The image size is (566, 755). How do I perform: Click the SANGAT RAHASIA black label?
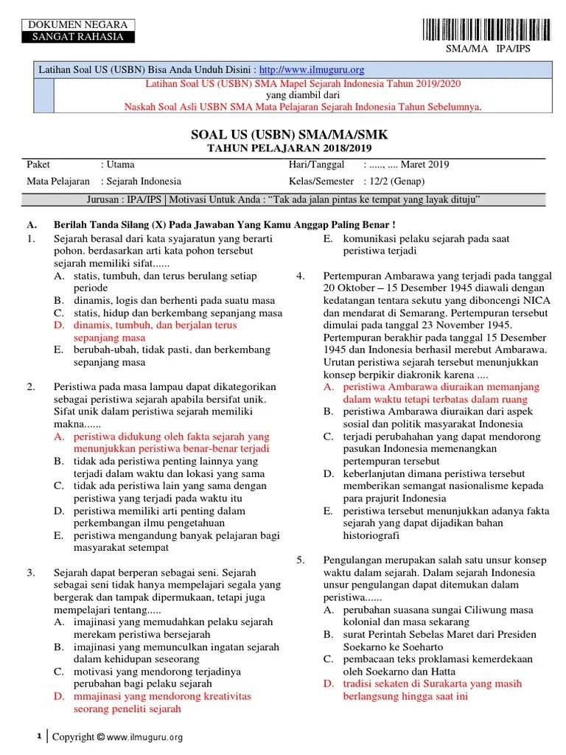[72, 37]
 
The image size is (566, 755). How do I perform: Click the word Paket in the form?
[38, 164]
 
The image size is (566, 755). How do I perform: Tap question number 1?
[31, 239]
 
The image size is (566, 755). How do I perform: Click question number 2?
[31, 386]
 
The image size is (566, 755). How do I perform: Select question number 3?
[31, 572]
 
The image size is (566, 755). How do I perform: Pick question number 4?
[301, 276]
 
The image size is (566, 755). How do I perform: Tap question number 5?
[301, 560]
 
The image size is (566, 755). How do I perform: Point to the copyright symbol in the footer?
[101, 737]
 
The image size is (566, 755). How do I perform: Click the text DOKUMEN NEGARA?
[72, 25]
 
